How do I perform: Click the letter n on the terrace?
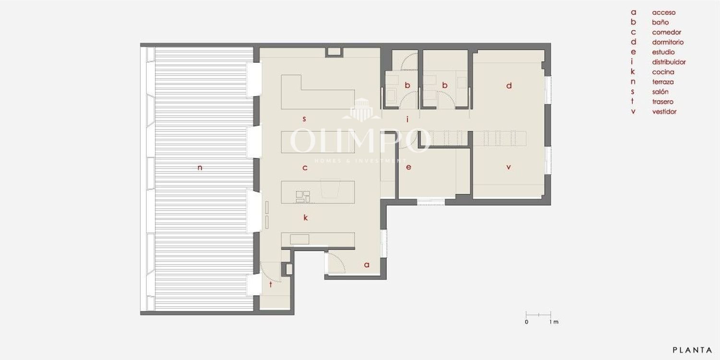(x=200, y=168)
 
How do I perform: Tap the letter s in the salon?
(x=304, y=119)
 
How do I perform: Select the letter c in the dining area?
(x=305, y=168)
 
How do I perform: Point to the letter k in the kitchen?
(x=305, y=217)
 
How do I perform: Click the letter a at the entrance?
(x=367, y=265)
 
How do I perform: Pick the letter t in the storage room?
(x=271, y=284)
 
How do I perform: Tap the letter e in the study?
(x=408, y=167)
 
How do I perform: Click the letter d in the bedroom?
(x=509, y=85)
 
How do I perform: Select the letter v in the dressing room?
(x=508, y=167)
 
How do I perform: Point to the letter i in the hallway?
(x=407, y=120)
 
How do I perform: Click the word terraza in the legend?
(x=663, y=82)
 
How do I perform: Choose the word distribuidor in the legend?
(x=669, y=62)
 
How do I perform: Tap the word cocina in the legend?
(x=663, y=72)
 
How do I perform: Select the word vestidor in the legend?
(x=664, y=112)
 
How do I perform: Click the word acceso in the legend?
(x=664, y=12)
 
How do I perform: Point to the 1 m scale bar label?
(x=554, y=322)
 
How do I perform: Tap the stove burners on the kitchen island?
(x=303, y=197)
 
